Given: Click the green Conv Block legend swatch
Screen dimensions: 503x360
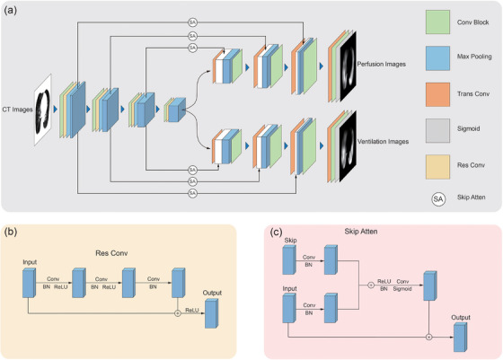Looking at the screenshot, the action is [x=437, y=22].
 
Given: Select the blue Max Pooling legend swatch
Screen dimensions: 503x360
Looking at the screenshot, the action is [x=437, y=58].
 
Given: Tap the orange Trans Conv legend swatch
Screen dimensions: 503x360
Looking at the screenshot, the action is [x=437, y=94].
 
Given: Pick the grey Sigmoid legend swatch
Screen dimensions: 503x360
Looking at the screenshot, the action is [x=437, y=131].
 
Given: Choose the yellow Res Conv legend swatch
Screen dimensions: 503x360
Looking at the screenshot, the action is [x=437, y=167].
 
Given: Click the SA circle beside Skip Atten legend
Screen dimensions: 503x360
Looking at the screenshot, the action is [x=438, y=199].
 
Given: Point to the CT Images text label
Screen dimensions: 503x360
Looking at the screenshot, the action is [x=17, y=110].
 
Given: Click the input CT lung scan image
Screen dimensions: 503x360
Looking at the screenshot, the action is [x=43, y=110].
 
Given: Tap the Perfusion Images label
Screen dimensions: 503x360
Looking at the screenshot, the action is [x=382, y=64].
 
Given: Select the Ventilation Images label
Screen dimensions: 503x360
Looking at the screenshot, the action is [x=383, y=141].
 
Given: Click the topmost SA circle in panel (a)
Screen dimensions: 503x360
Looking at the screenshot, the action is [x=192, y=22].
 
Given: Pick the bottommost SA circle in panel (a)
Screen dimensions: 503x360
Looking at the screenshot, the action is [x=192, y=193].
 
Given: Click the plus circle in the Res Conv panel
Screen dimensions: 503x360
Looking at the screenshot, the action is [x=178, y=313].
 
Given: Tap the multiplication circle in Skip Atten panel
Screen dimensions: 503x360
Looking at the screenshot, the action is [x=429, y=337].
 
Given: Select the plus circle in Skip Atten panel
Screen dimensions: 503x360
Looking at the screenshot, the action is [x=371, y=285].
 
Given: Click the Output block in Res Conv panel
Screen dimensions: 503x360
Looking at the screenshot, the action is [x=211, y=313].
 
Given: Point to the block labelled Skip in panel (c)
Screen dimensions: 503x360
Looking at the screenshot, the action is [x=289, y=259].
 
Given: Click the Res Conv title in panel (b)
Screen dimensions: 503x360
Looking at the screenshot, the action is [x=111, y=253].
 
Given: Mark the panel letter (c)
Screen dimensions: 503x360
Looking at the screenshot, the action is [x=277, y=232].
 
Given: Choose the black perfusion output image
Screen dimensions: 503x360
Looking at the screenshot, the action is [x=349, y=66].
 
